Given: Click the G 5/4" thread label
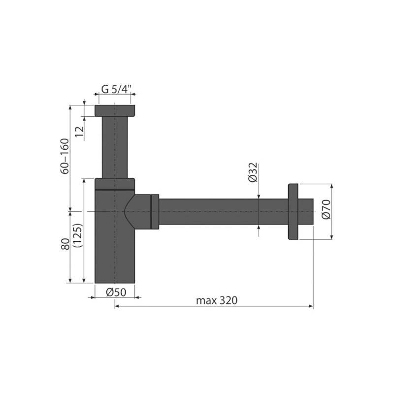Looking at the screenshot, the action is (116, 89).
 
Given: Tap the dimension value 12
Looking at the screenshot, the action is (79, 131).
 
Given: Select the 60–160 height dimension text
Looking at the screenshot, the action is (65, 156).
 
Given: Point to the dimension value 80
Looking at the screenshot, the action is (65, 244).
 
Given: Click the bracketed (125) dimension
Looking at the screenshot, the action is (78, 235).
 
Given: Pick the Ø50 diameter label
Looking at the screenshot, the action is (116, 292).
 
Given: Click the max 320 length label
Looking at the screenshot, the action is (217, 300).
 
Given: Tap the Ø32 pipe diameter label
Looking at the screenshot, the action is (253, 172).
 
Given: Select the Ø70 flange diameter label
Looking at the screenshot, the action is (326, 209).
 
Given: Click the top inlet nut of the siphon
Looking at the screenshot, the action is (115, 111).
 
